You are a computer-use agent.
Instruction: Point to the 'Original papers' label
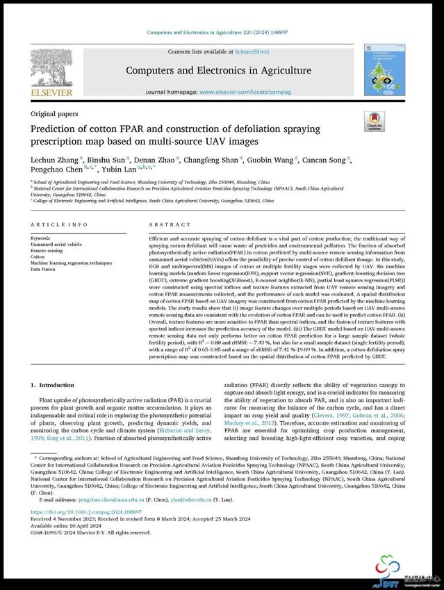54,114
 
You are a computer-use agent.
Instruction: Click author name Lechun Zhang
54,160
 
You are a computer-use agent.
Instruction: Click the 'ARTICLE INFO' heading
59,224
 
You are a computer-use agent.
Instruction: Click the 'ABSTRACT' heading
170,224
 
